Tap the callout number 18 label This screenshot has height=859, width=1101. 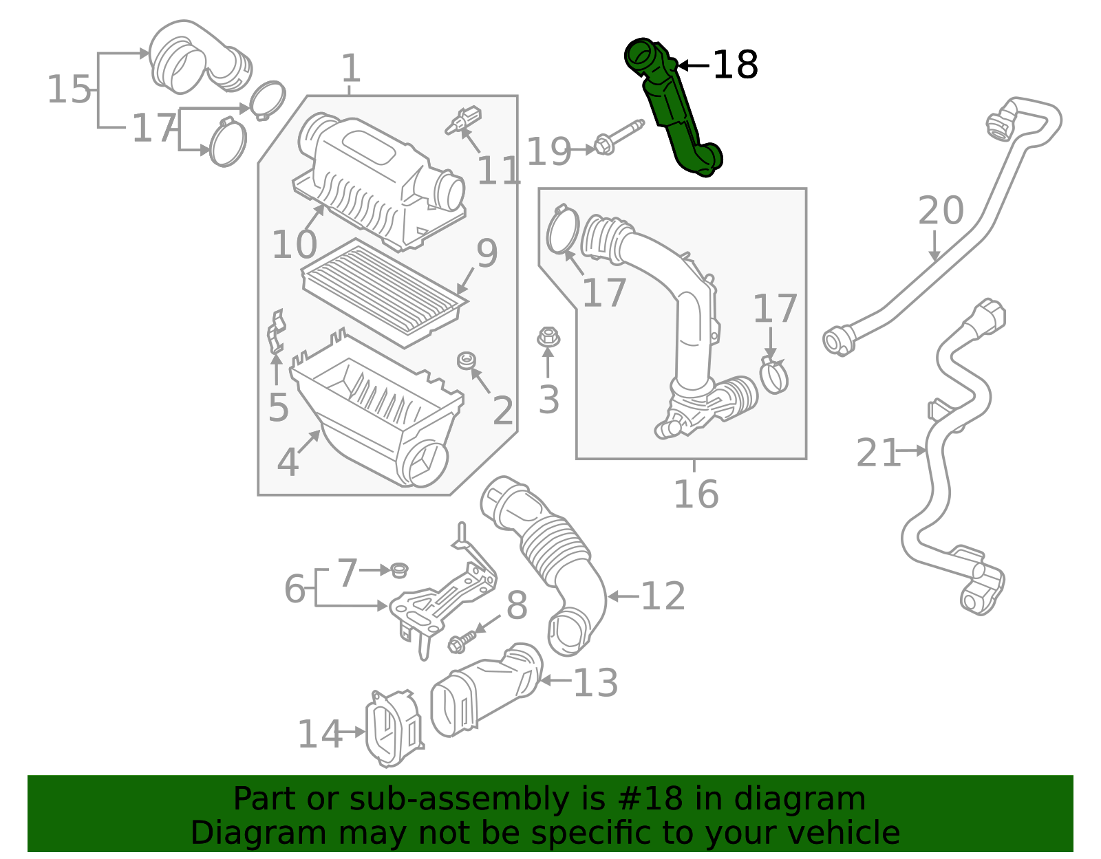pos(735,65)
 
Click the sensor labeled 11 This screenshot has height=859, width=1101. pos(463,120)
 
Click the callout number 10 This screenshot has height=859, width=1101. pos(294,245)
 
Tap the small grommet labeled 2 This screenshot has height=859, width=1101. pos(467,360)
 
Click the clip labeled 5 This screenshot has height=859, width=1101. pos(276,331)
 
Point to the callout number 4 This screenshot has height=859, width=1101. pos(288,462)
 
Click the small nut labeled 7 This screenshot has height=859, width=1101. pos(399,569)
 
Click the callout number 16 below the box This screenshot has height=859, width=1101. pos(696,494)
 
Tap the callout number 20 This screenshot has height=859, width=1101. pos(941,210)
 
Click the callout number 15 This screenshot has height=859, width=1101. pos(69,90)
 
